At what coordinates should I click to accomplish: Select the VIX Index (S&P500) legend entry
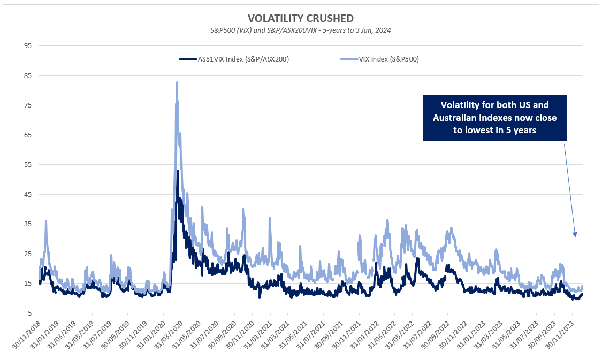coord(379,59)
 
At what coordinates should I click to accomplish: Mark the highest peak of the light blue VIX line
coord(177,82)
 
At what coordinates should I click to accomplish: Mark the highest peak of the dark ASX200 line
coord(177,171)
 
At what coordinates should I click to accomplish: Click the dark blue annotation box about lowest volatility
coord(494,118)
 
